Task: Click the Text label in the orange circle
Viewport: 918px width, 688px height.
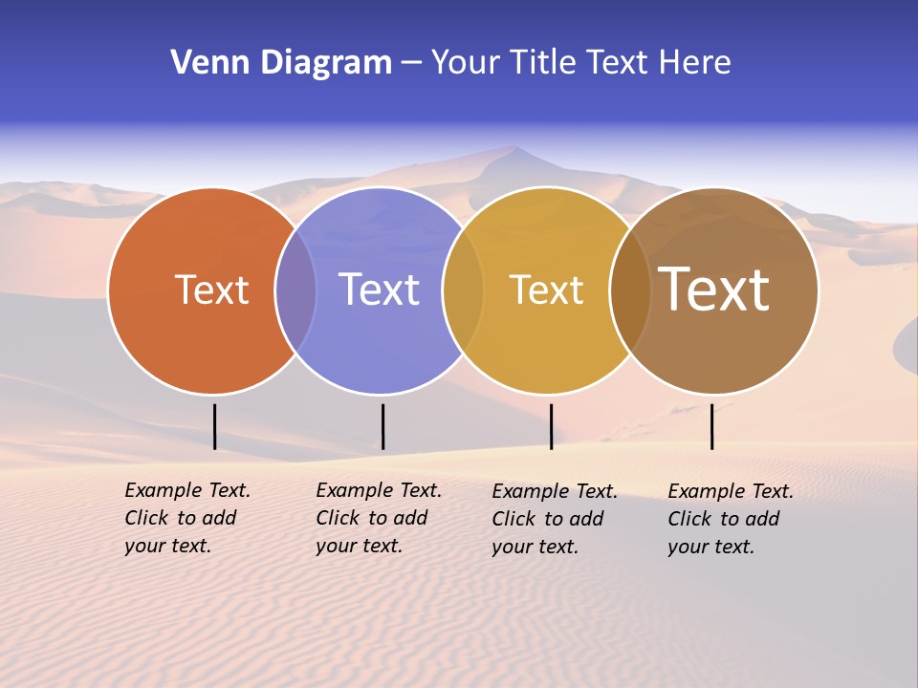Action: [x=211, y=290]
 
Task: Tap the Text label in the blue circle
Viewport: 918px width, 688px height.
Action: [x=379, y=290]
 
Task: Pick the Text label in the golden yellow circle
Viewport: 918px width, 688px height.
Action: [x=546, y=290]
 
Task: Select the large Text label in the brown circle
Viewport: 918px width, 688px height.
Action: [x=713, y=290]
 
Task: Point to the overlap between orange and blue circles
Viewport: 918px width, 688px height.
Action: [x=295, y=290]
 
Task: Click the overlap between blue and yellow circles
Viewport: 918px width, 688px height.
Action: [x=463, y=290]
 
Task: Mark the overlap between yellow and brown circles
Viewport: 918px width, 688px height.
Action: [x=629, y=290]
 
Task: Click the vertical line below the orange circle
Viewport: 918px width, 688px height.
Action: [x=215, y=426]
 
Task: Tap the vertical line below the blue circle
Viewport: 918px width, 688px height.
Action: [x=382, y=426]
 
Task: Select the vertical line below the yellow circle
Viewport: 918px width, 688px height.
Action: [x=551, y=426]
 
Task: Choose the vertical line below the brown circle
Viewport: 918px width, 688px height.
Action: [x=711, y=426]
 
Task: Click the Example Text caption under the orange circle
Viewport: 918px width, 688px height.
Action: [x=187, y=518]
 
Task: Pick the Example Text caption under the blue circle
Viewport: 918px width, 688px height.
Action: [x=379, y=518]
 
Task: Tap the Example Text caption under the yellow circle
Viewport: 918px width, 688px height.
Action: [x=555, y=519]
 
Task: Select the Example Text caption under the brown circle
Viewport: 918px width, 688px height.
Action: [x=731, y=519]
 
